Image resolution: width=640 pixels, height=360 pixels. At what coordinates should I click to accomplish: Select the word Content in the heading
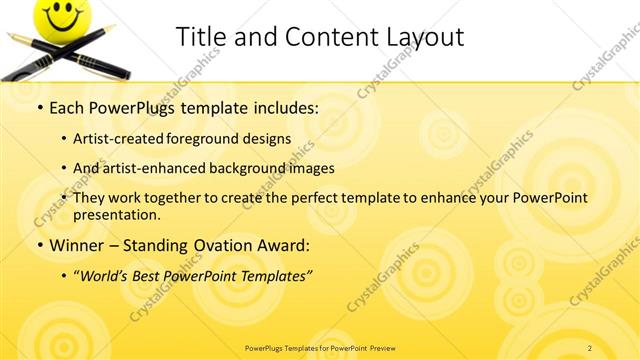coord(317,37)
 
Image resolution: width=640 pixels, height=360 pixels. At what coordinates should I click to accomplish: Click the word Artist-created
coord(121,139)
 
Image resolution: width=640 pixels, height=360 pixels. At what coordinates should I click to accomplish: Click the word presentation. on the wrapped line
coord(116,214)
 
